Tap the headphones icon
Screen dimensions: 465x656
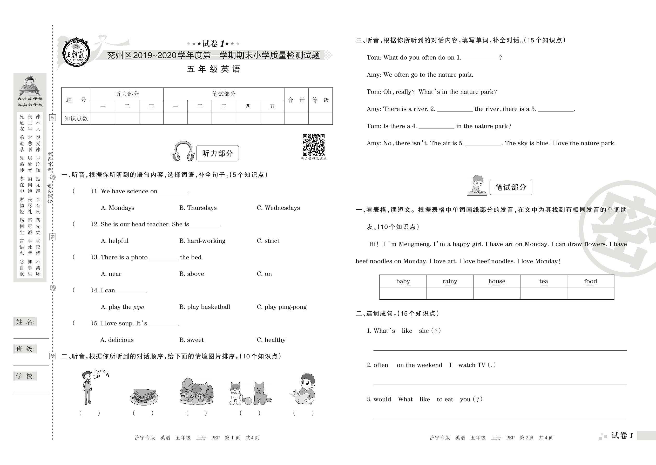tap(183, 151)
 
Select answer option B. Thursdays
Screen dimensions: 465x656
tap(198, 208)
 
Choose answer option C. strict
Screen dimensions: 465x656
tap(268, 241)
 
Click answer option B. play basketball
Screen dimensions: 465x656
tap(205, 307)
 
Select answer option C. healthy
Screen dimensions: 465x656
tap(271, 340)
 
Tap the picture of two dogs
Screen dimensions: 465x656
tap(251, 393)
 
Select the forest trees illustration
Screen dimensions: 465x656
tap(197, 391)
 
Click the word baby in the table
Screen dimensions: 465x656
tap(403, 281)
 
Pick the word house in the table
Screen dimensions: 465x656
tap(497, 281)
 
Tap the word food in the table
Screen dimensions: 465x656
tap(591, 281)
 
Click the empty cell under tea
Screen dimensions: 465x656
tap(544, 293)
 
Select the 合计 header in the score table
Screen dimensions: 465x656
tap(296, 100)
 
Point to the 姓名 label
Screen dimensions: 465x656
tap(25, 322)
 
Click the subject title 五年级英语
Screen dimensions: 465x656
tap(214, 69)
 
